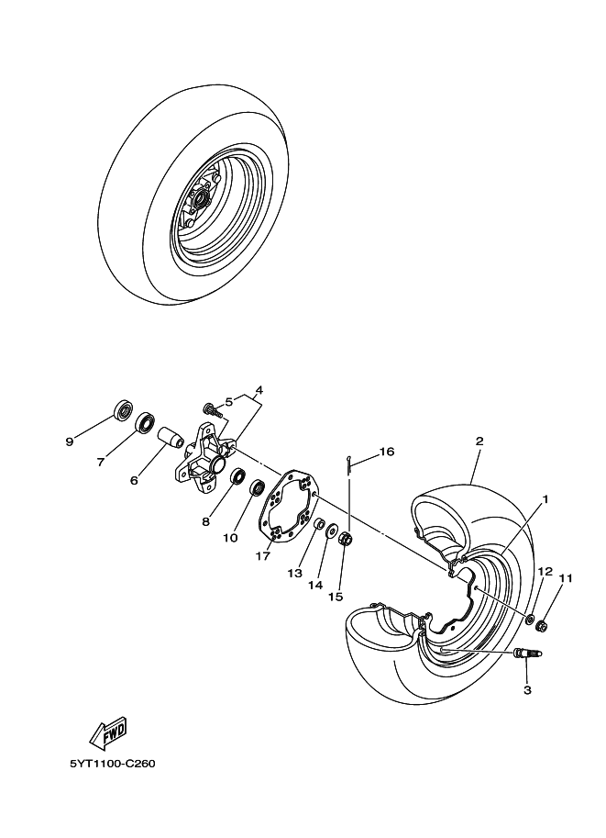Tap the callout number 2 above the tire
click(x=479, y=441)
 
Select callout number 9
click(x=69, y=441)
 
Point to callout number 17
click(x=264, y=554)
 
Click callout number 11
click(x=566, y=579)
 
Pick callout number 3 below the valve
click(x=527, y=689)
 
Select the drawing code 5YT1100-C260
click(x=112, y=764)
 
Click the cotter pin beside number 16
click(x=349, y=465)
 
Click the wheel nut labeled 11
click(x=542, y=627)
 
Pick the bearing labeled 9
click(x=122, y=410)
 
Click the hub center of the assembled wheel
click(x=200, y=197)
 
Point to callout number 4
click(x=259, y=390)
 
